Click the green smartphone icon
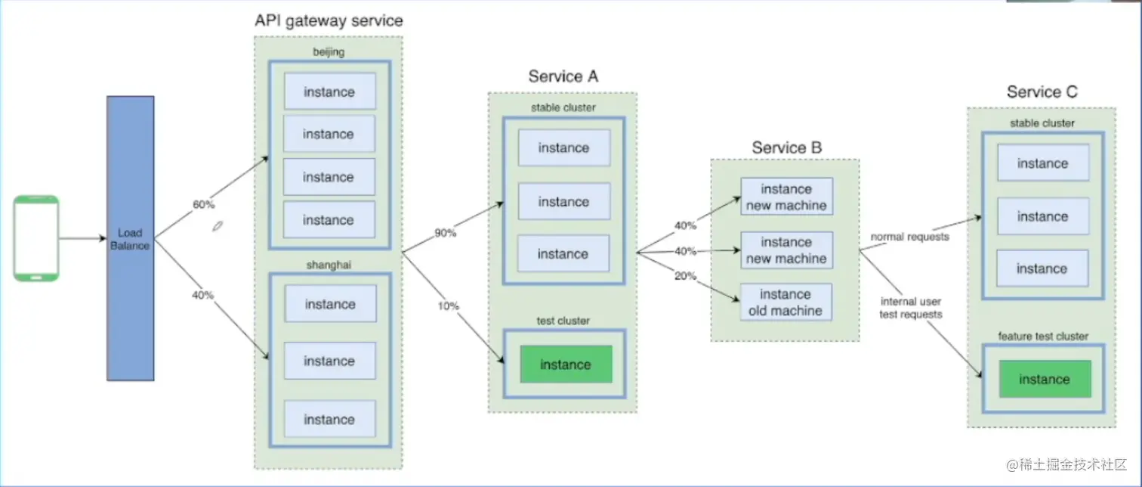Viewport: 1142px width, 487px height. click(36, 239)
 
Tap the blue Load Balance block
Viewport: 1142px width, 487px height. click(130, 238)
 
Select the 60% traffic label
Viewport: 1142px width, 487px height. click(204, 205)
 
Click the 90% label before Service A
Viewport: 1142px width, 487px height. click(445, 233)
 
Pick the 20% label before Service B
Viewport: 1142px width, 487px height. click(685, 276)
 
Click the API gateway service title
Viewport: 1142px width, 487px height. click(328, 21)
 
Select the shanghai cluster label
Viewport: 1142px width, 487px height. click(329, 263)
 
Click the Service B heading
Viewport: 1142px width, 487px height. click(786, 147)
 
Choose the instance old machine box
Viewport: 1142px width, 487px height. click(786, 302)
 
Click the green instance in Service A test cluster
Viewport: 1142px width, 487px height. click(565, 364)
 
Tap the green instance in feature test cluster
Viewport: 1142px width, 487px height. click(1044, 379)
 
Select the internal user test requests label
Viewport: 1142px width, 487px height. click(910, 308)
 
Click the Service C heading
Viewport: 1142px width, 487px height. click(1042, 92)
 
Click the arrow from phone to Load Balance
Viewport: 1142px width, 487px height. click(83, 239)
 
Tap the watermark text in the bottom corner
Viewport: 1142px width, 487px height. click(1066, 463)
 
